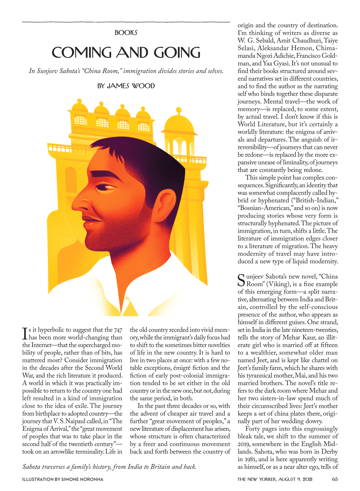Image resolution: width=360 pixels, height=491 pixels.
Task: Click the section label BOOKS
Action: [x=126, y=33]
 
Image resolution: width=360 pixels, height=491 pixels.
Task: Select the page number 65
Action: [x=335, y=479]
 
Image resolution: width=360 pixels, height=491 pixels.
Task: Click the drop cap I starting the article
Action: [x=25, y=333]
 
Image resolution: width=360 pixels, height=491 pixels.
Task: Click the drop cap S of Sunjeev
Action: [x=241, y=280]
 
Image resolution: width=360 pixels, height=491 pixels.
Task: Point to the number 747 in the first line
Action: [x=118, y=330]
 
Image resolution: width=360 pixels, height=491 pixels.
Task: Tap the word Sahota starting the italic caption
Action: [x=31, y=467]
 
